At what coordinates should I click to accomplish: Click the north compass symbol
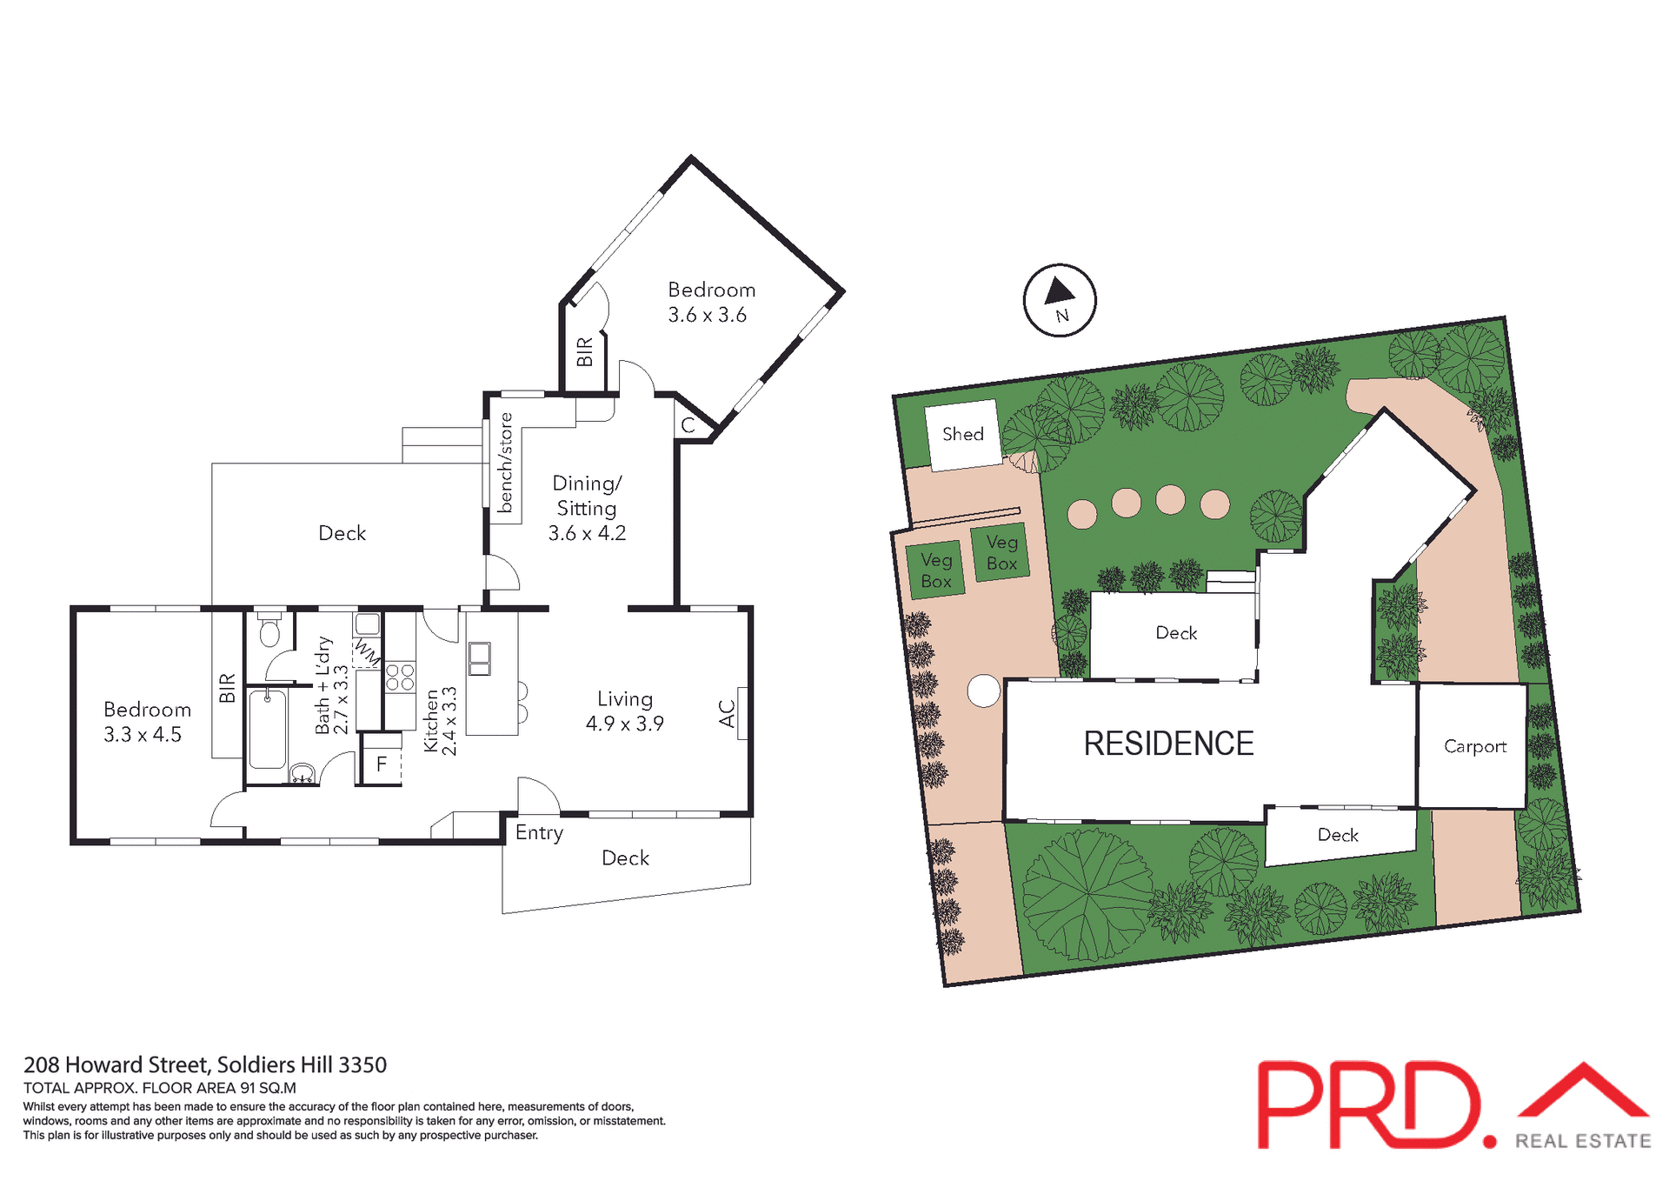[x=1059, y=300]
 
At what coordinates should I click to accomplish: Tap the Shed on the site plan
[x=962, y=434]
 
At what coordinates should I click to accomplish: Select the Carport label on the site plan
[x=1474, y=746]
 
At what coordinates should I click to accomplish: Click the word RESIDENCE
[x=1168, y=744]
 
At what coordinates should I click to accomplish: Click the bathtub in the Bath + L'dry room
[x=267, y=729]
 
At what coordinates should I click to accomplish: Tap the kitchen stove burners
[x=400, y=677]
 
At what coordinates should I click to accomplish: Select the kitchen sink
[x=479, y=658]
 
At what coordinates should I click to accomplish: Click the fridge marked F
[x=381, y=764]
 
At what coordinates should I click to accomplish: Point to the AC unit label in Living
[x=728, y=714]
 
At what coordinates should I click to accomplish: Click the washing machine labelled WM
[x=367, y=651]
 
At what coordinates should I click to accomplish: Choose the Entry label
[x=539, y=832]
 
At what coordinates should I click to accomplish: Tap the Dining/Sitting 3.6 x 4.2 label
[x=587, y=508]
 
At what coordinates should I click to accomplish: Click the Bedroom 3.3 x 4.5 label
[x=145, y=722]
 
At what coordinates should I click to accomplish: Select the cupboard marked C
[x=688, y=425]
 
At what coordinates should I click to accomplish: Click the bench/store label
[x=505, y=463]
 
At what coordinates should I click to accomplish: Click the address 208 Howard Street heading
[x=204, y=1064]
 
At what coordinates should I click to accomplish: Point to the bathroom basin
[x=302, y=772]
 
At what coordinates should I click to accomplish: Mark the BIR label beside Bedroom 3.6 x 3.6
[x=584, y=351]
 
